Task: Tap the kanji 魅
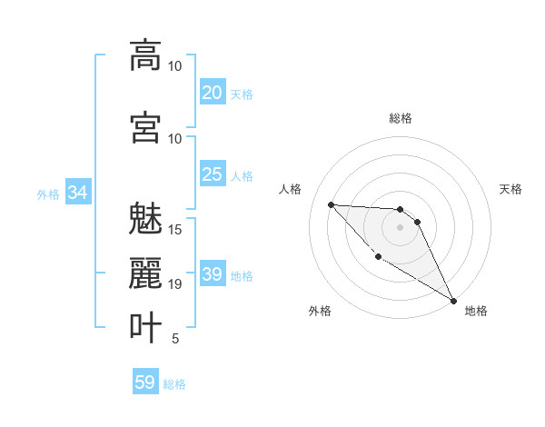coord(145,220)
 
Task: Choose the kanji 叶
coord(145,326)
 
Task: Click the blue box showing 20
coord(213,92)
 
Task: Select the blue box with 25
coord(213,174)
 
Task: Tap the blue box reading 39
coord(213,274)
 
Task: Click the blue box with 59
coord(145,382)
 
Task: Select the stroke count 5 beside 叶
coord(175,339)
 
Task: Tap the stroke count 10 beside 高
coord(175,66)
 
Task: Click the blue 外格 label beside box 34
coord(48,194)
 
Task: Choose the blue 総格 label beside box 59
coord(174,384)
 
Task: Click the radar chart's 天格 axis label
coord(510,189)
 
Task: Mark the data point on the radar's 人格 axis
coord(331,204)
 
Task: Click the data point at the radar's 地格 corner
coord(454,301)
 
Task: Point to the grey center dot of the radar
coord(400,227)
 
